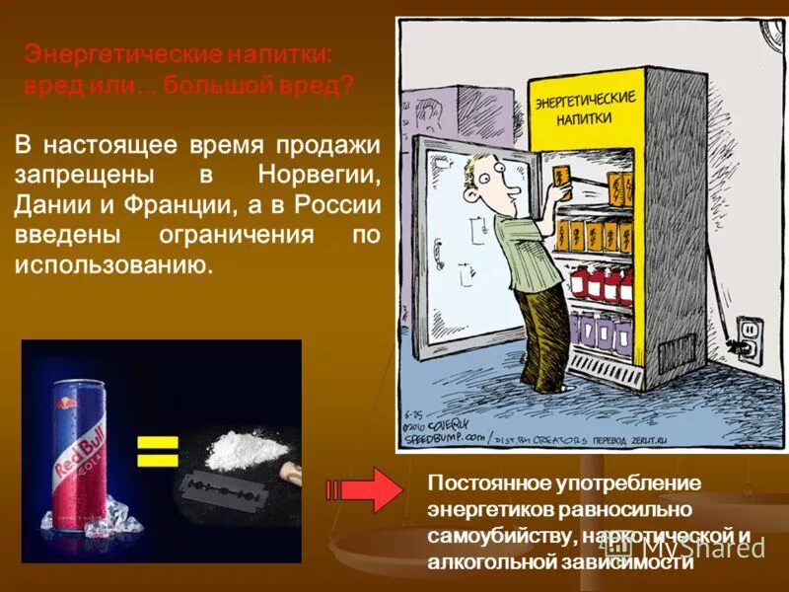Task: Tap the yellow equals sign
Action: (x=157, y=451)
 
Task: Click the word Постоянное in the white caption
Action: (x=478, y=484)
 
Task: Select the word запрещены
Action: (x=82, y=175)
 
